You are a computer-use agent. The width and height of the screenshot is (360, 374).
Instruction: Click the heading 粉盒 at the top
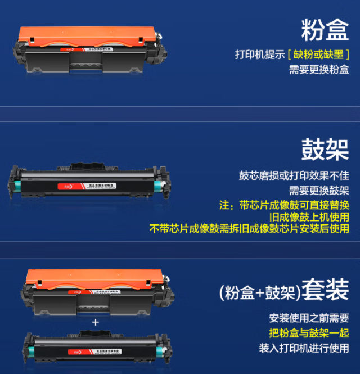(x=325, y=30)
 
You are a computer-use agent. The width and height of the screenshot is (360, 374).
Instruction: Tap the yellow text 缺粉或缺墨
(x=318, y=55)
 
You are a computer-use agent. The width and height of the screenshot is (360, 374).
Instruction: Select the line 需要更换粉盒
(x=319, y=70)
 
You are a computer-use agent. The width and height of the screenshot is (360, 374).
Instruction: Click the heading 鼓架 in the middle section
(x=325, y=149)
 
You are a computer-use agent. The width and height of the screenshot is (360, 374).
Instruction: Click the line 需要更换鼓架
(x=319, y=190)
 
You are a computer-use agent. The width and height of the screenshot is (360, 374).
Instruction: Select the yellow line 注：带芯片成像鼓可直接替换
(x=284, y=204)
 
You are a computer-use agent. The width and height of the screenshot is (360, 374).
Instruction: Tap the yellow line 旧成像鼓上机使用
(x=309, y=217)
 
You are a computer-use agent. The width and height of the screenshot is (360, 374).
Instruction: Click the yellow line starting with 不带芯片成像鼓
(x=249, y=229)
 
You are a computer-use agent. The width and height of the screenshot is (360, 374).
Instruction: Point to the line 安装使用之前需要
(x=309, y=318)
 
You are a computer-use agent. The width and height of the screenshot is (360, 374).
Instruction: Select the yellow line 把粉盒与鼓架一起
(x=309, y=332)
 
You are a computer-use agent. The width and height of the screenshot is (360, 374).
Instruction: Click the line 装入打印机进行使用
(x=304, y=348)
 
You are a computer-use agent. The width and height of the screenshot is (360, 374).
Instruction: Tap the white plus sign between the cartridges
(x=96, y=322)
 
